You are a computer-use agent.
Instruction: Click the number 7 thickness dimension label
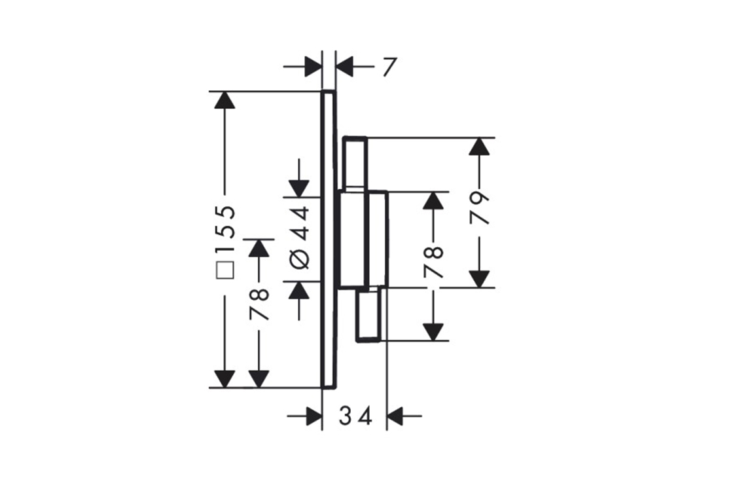point(389,67)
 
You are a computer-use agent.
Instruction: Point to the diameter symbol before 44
point(298,259)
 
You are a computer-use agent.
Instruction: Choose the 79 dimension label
point(481,208)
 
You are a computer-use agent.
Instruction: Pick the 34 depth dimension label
point(355,416)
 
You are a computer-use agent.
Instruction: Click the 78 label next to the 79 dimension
point(433,261)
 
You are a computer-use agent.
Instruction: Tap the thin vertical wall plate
point(329,239)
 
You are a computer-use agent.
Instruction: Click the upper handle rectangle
point(355,164)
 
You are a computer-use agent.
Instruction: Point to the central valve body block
point(362,240)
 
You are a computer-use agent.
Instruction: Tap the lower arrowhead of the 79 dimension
point(480,279)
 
